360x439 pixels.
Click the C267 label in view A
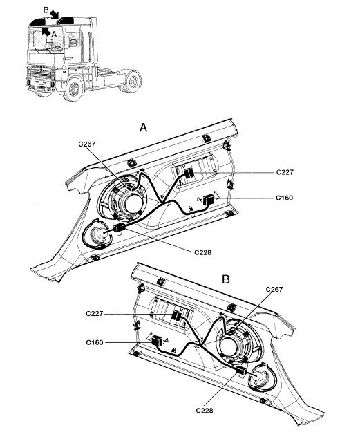click(x=86, y=144)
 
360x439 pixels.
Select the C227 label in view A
click(x=285, y=172)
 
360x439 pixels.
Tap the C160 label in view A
click(x=284, y=198)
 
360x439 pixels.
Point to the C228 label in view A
click(x=202, y=252)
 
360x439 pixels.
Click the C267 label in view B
click(x=274, y=289)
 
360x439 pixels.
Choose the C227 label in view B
click(x=95, y=314)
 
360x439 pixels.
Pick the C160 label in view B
click(x=95, y=342)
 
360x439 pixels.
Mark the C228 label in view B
click(x=205, y=411)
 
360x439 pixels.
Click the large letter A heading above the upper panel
click(x=143, y=128)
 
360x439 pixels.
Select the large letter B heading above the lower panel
click(x=226, y=279)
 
